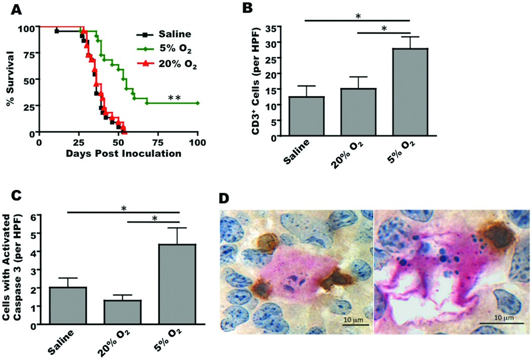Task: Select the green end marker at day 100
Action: coord(198,103)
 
